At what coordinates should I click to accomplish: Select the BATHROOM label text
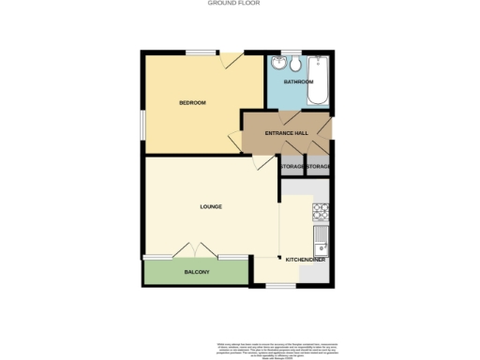(x=299, y=82)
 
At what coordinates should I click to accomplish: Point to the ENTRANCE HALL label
(x=287, y=133)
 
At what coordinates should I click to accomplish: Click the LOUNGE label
(x=210, y=205)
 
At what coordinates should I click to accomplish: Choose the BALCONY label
(x=196, y=272)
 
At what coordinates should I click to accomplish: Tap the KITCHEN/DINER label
(x=306, y=259)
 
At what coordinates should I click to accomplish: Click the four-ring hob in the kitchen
(x=321, y=211)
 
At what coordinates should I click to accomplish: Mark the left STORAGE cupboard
(x=292, y=166)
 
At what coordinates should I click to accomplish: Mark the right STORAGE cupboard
(x=320, y=166)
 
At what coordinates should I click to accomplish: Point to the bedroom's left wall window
(x=143, y=126)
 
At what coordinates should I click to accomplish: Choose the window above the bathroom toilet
(x=291, y=52)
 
